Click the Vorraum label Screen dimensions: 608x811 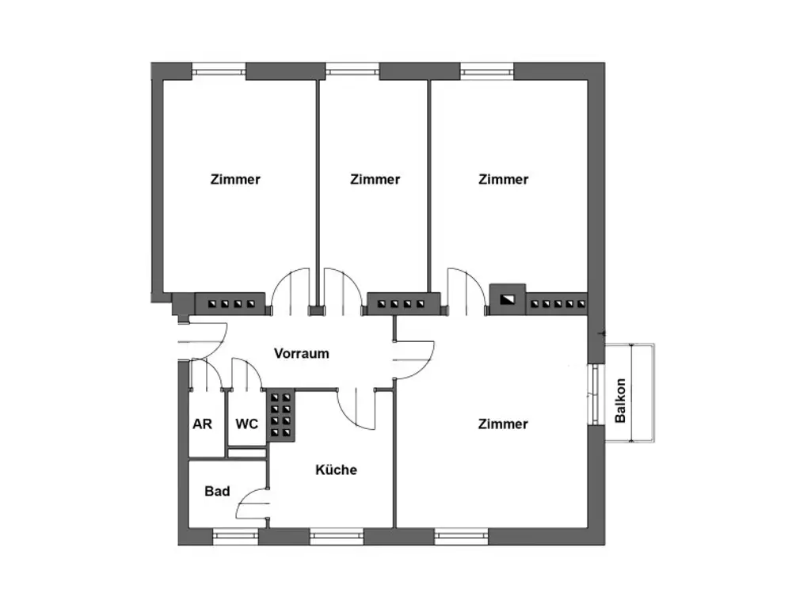(301, 353)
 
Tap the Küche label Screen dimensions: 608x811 (336, 469)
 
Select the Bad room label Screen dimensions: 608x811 (217, 491)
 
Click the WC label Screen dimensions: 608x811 (246, 424)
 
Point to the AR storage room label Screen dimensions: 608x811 (202, 424)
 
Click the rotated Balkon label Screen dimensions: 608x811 (621, 400)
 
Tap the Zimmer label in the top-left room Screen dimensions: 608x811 (235, 179)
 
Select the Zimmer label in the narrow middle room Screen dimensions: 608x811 (375, 179)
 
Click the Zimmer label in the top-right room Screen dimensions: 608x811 (503, 179)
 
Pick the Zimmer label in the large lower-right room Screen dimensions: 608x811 (503, 424)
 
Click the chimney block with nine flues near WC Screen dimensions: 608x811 (280, 415)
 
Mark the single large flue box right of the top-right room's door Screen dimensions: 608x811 (506, 299)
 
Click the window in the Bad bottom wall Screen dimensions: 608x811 (235, 538)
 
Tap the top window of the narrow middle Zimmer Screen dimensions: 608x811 (352, 70)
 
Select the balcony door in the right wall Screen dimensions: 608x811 (595, 394)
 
